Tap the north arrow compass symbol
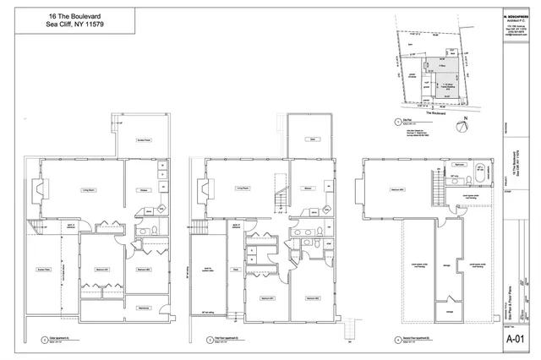[462, 127]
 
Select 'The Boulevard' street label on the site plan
[435, 112]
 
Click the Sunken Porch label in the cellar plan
[145, 140]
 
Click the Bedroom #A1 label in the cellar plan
[100, 269]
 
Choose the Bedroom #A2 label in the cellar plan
[144, 269]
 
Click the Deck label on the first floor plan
[312, 140]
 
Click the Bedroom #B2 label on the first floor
[312, 298]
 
